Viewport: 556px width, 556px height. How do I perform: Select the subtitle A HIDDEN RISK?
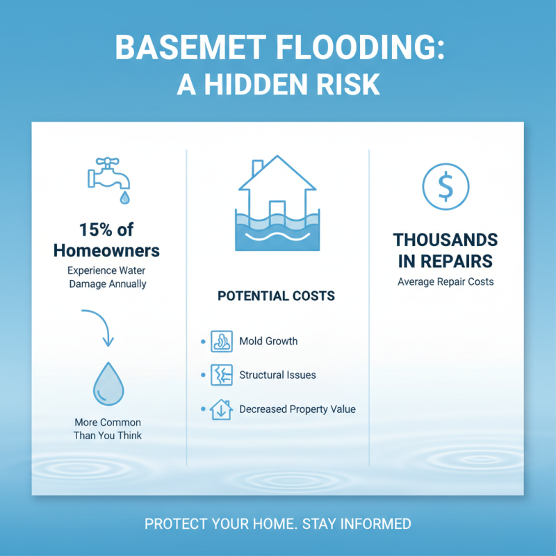[278, 83]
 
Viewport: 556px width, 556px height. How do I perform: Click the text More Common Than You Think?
[107, 429]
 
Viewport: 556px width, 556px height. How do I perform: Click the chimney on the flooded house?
[256, 168]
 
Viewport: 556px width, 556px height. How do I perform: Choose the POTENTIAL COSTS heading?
[276, 296]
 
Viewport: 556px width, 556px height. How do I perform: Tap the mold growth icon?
[221, 341]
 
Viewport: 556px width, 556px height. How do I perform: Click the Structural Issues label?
[277, 375]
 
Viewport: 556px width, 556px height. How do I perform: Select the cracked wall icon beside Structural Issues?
[221, 375]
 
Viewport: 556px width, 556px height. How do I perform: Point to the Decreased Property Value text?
[297, 409]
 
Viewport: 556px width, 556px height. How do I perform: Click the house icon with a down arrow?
[221, 409]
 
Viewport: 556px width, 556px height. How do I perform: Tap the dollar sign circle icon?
[445, 186]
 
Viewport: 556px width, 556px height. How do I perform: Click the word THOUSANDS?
[445, 240]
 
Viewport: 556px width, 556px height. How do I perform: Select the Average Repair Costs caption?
[445, 282]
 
